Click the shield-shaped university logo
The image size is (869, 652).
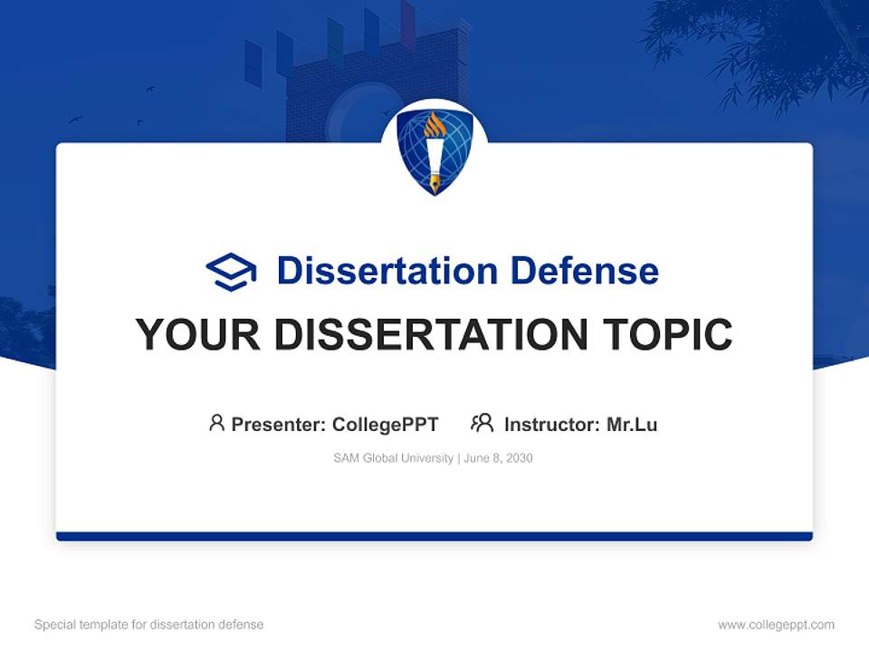click(x=434, y=152)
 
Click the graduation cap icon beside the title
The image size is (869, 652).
click(x=231, y=271)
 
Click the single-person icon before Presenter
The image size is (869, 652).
click(x=216, y=423)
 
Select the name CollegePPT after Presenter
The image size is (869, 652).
click(x=386, y=424)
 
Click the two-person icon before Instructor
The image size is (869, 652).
click(x=482, y=423)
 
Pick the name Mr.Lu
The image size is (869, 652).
click(x=632, y=424)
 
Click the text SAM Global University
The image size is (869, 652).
click(x=393, y=458)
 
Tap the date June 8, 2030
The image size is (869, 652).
click(x=498, y=458)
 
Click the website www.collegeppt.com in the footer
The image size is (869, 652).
click(x=776, y=625)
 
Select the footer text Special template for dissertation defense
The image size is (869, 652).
click(x=148, y=625)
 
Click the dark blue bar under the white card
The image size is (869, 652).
click(x=434, y=536)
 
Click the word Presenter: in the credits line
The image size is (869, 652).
click(x=279, y=424)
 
